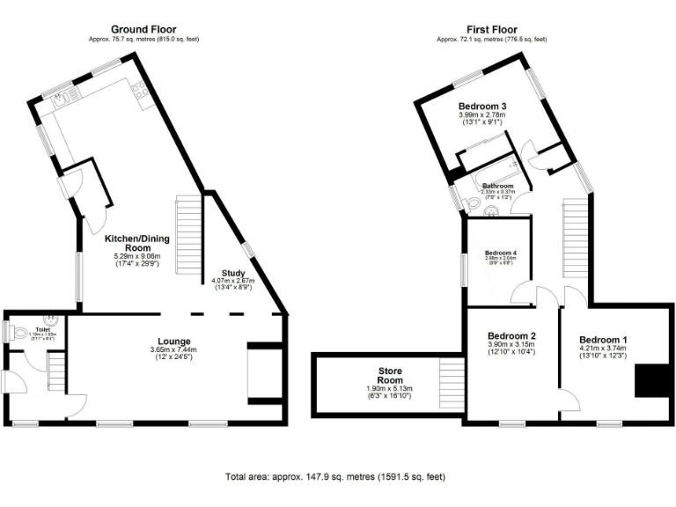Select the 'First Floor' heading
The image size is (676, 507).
(x=492, y=29)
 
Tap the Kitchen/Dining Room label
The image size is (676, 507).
(x=137, y=244)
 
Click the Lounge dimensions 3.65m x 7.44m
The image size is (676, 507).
(x=174, y=349)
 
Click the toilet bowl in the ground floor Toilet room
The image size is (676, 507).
(x=11, y=333)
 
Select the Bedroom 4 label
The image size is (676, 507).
(x=500, y=253)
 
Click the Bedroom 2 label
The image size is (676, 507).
(x=512, y=336)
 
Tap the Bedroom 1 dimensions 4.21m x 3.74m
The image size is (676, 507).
(x=604, y=349)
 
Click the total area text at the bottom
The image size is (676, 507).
(x=334, y=476)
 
